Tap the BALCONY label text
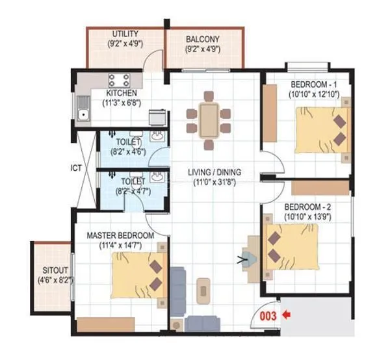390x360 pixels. coord(202,38)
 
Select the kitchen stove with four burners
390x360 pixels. coord(120,81)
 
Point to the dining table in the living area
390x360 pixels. coord(208,120)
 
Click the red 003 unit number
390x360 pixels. coord(268,316)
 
